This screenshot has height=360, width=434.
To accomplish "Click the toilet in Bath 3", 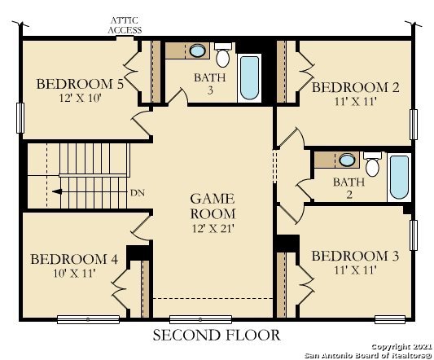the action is [223, 55].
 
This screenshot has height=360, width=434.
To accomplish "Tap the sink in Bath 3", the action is [197, 50].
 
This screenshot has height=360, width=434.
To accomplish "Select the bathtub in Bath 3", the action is [249, 78].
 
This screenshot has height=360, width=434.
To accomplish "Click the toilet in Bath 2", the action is [372, 164].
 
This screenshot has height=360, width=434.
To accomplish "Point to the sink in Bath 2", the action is [347, 160].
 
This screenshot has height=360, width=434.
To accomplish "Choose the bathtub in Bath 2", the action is [399, 178].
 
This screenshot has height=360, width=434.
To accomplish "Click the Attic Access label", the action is [125, 25].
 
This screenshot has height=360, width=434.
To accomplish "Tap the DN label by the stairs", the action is [138, 193].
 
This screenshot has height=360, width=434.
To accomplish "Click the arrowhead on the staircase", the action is [57, 191].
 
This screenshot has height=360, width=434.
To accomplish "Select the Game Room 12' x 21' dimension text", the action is [213, 228].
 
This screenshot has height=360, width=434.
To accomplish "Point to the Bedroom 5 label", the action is [80, 84].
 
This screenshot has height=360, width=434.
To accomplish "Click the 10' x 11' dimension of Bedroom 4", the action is [74, 274].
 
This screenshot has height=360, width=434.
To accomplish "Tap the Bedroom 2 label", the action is [356, 87].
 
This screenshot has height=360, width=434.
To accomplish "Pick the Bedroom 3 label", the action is [355, 256].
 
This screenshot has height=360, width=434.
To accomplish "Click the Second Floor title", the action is [217, 335].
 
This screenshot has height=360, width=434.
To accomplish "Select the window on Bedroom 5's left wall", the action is [20, 118].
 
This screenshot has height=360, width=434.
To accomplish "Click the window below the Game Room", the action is [200, 319].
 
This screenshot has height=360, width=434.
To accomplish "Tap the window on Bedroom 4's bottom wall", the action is [88, 319].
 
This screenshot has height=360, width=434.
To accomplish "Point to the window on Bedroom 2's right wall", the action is [414, 125].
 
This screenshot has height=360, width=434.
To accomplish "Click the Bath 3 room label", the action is [210, 84].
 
